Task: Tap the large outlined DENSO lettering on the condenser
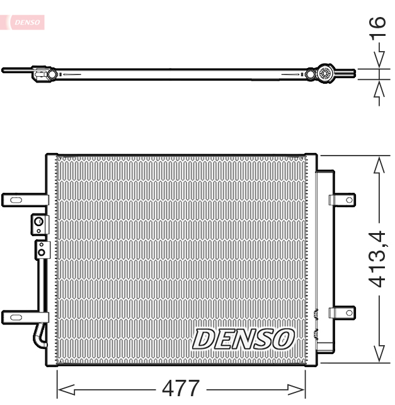tap(243, 338)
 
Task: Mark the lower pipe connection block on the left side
tap(42, 249)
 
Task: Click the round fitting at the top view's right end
tap(326, 74)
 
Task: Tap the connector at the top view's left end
tap(42, 74)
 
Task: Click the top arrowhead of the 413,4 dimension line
tap(378, 165)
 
